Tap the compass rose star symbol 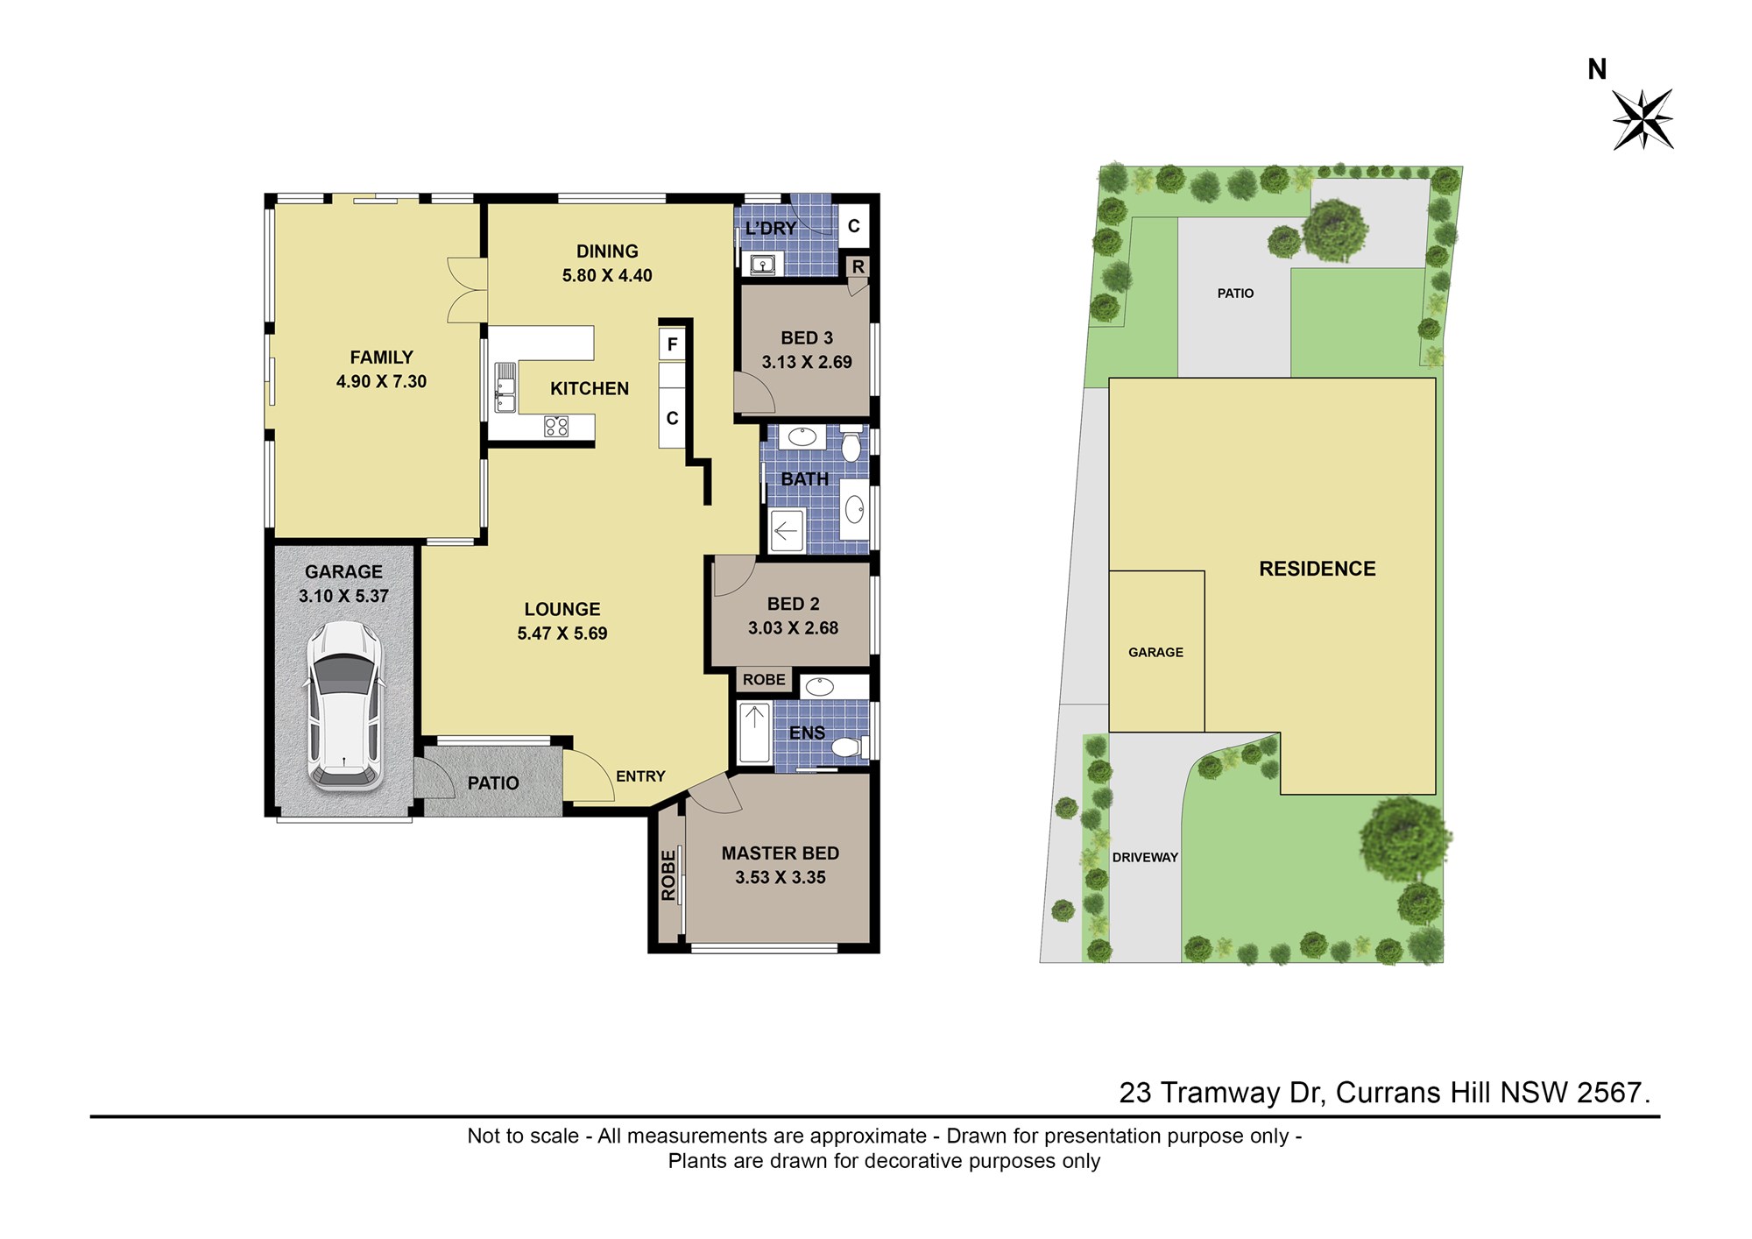click(1642, 119)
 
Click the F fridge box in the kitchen click(672, 344)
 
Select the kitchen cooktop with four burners click(556, 427)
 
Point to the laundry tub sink click(761, 263)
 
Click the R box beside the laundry click(858, 266)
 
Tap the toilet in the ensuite click(849, 747)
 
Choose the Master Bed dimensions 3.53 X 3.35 click(781, 877)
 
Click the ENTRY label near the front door click(640, 776)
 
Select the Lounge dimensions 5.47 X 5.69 click(562, 634)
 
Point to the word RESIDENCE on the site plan click(1318, 569)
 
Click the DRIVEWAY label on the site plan click(1145, 858)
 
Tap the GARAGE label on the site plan click(1155, 653)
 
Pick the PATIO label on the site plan click(1235, 294)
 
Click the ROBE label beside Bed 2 click(764, 680)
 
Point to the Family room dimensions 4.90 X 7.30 click(381, 382)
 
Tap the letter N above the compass click(1597, 69)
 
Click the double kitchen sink click(505, 387)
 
